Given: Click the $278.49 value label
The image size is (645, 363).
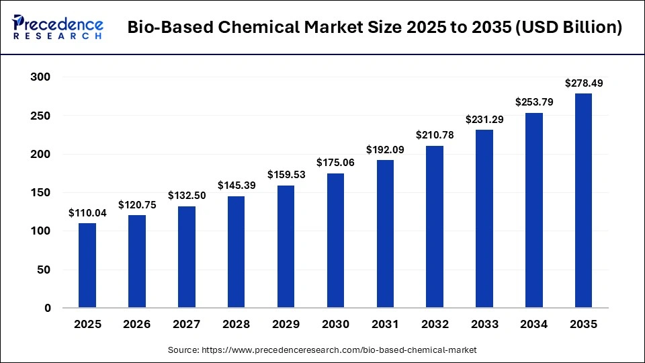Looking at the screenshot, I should click(x=583, y=83).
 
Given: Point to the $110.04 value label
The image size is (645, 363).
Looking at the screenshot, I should click(x=87, y=212).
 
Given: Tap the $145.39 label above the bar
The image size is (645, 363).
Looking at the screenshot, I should click(x=236, y=185).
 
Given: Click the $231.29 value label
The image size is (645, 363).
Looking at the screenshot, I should click(x=484, y=119).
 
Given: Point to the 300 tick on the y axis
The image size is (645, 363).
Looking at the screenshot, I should click(x=42, y=77).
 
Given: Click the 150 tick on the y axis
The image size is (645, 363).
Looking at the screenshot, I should click(x=42, y=193).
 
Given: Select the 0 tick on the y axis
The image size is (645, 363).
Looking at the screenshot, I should click(x=48, y=309).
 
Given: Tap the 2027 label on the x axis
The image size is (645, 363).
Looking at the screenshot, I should click(x=186, y=324).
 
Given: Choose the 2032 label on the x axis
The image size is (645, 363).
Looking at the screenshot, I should click(x=435, y=324).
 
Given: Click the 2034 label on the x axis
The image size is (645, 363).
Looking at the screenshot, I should click(x=533, y=324).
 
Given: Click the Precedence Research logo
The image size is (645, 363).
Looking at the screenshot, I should click(x=58, y=28).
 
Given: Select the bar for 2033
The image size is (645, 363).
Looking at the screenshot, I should click(x=484, y=218).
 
